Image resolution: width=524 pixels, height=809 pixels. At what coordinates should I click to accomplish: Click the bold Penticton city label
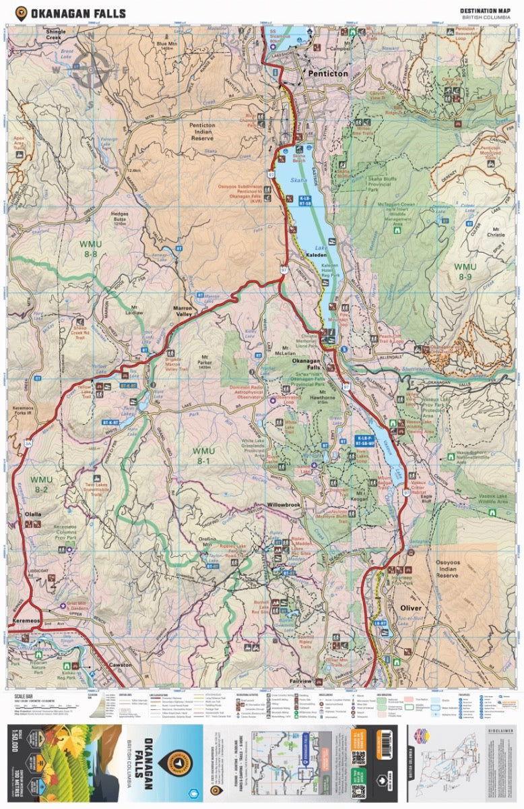328,72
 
